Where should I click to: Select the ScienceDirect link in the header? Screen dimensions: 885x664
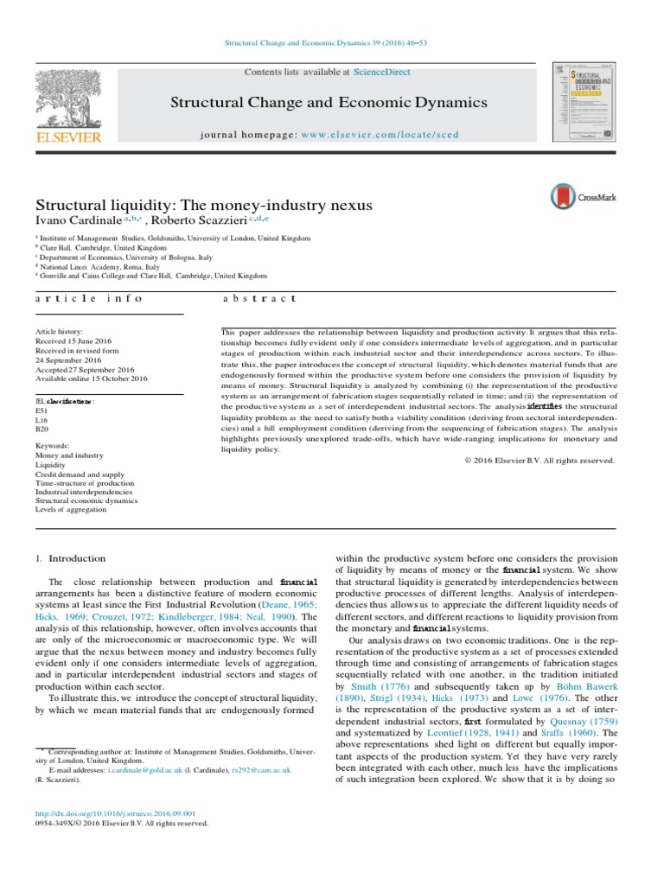point(388,74)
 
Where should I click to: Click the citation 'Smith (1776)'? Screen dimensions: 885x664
point(371,684)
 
